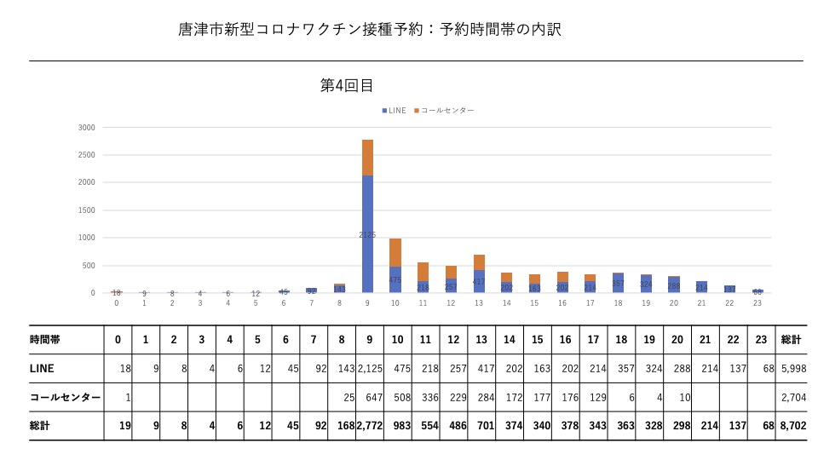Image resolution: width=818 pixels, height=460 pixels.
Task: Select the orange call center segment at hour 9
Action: [x=368, y=158]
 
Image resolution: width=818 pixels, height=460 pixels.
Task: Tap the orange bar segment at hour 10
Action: [x=395, y=252]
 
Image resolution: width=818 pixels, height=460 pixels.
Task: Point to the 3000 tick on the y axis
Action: [x=86, y=128]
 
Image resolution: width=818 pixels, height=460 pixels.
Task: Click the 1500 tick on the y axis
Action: [x=86, y=210]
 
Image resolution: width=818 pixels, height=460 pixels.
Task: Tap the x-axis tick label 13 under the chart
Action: [x=479, y=303]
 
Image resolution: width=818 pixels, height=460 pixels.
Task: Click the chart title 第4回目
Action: [x=347, y=85]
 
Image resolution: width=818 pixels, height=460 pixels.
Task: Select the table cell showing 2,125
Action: [x=369, y=368]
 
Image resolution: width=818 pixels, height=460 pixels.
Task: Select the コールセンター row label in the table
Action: [x=64, y=397]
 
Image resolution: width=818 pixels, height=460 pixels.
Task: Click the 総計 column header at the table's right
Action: [x=790, y=339]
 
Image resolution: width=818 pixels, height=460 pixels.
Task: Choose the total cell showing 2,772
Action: [x=369, y=425]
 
